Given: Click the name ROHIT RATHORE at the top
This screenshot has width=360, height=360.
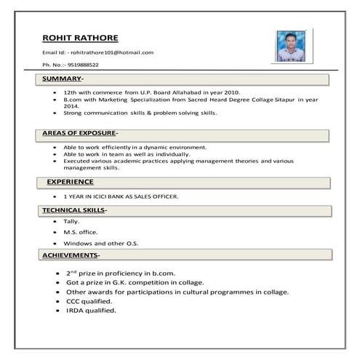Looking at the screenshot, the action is [x=80, y=38].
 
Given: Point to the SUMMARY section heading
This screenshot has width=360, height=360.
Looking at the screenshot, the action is [x=63, y=78].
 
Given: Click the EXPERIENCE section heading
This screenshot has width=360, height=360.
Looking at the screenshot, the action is [x=70, y=181].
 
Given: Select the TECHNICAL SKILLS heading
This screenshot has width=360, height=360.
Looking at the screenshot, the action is [x=74, y=209].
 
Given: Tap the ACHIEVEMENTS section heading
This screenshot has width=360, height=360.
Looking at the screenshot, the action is [x=71, y=255].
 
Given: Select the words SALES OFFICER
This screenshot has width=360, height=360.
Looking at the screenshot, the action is [x=154, y=196].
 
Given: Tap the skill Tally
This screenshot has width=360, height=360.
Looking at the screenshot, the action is [x=71, y=220].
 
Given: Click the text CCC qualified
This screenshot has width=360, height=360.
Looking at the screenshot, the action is [x=89, y=300].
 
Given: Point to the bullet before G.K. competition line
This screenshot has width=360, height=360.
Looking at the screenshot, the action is [x=57, y=282].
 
